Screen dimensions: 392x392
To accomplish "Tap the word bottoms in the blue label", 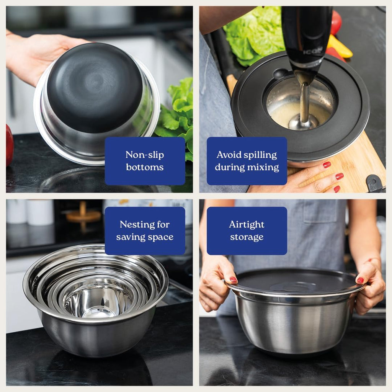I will (145, 167).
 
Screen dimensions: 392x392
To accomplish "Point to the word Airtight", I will (247, 224).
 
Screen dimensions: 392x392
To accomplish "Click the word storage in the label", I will (247, 237).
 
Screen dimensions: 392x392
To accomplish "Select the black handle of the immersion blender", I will (306, 31).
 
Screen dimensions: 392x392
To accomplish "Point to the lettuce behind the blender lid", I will (253, 34).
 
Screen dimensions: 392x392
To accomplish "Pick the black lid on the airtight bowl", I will (295, 281).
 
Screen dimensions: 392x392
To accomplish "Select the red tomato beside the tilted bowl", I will (9, 145).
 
